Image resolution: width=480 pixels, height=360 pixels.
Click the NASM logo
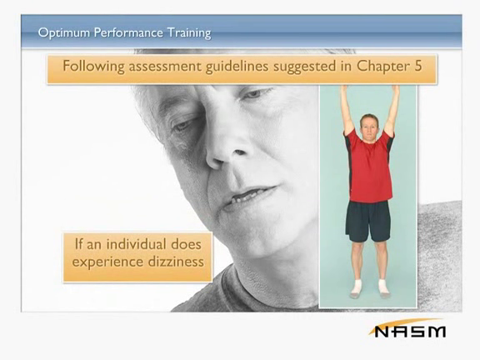click(x=407, y=328)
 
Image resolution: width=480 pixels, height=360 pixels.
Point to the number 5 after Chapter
click(x=418, y=66)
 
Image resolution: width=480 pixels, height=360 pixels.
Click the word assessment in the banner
click(x=165, y=67)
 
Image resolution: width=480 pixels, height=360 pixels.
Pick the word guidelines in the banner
click(x=237, y=67)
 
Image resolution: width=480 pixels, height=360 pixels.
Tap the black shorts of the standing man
click(x=368, y=221)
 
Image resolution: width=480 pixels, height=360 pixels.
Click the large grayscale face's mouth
click(x=249, y=197)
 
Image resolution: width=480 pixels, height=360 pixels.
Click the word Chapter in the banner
click(x=383, y=67)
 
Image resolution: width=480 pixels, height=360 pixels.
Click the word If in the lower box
click(x=78, y=244)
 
